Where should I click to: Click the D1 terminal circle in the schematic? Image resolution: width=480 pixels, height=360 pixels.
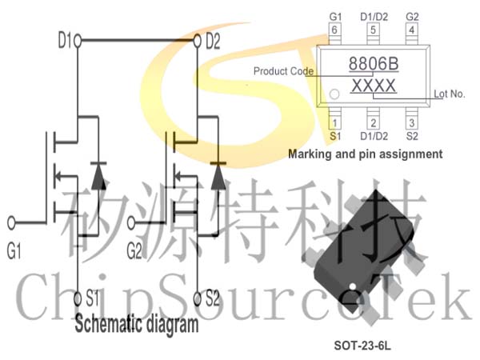78,41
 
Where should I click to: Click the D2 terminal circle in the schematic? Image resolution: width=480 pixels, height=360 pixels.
198,41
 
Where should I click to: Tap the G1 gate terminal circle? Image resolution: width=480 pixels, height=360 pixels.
11,223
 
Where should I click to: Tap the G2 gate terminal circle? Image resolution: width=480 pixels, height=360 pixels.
131,223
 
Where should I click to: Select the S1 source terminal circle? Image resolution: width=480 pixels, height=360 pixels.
78,298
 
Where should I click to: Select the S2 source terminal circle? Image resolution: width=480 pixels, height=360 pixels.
198,298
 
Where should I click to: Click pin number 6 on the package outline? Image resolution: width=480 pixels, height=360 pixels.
334,30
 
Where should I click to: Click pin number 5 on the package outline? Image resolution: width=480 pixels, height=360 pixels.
373,30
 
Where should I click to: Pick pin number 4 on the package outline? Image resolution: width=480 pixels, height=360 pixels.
412,30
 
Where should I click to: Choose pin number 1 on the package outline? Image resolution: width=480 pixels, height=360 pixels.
334,123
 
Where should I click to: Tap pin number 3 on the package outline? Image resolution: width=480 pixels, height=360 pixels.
412,123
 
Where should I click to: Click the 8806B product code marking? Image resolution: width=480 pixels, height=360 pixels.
374,64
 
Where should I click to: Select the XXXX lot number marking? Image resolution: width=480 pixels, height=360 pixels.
374,86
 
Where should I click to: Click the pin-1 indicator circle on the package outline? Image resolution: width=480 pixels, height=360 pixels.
334,94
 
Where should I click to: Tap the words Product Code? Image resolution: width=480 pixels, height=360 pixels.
283,71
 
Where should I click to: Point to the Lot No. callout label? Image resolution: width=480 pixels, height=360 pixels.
450,94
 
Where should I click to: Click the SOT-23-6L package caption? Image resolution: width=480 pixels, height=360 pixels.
362,346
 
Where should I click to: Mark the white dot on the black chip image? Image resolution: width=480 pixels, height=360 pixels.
352,286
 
